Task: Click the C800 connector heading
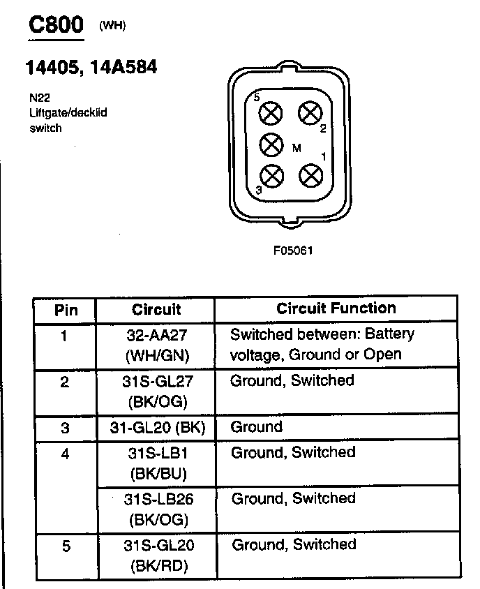55,25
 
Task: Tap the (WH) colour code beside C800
112,27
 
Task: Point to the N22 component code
39,99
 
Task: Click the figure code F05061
293,250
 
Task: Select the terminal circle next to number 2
310,112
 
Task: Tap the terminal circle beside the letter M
271,144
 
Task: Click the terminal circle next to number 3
271,174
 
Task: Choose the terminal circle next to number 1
310,174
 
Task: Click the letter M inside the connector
297,148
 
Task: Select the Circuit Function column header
336,308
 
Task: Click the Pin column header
66,310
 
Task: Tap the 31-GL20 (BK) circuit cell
156,427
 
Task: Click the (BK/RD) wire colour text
156,566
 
